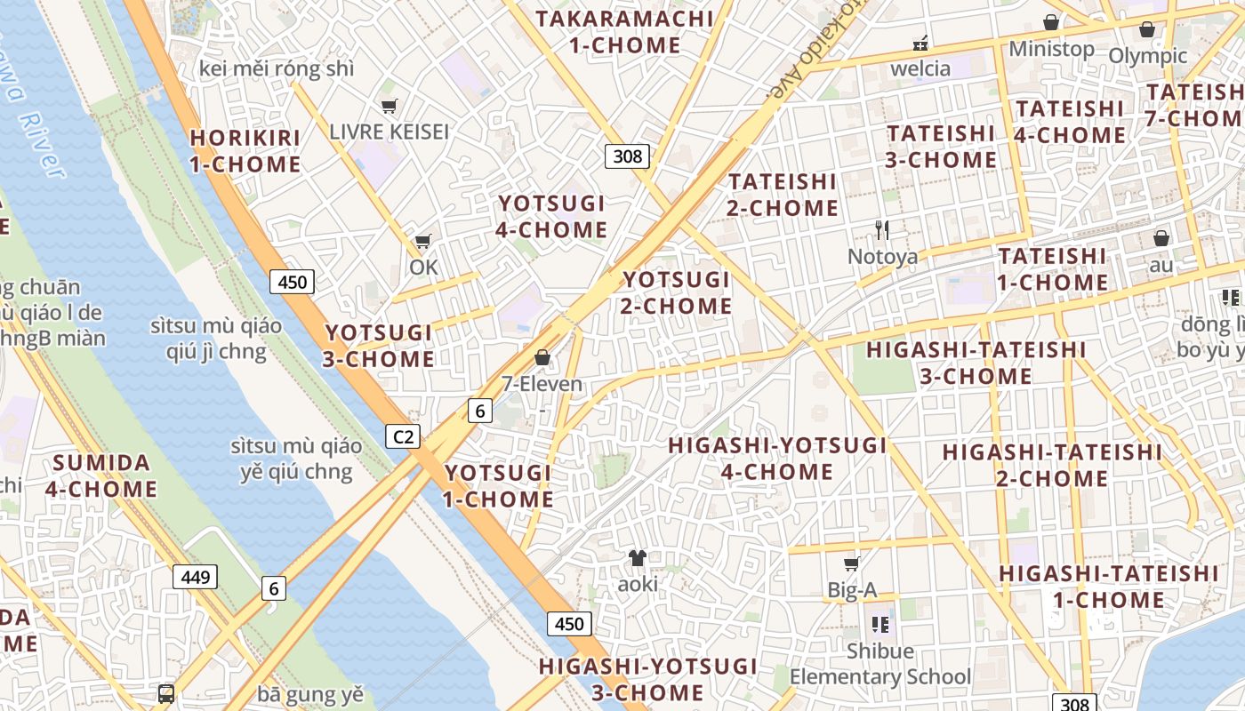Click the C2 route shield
pos(403,436)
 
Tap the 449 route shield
pos(195,578)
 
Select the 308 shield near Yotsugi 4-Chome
pos(628,156)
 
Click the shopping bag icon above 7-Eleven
pos(542,358)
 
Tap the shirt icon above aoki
pos(637,558)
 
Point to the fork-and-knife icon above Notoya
pos(881,230)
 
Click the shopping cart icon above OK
pos(423,242)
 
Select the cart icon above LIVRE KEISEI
pos(389,107)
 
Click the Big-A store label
pos(852,589)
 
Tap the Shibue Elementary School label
pos(880,664)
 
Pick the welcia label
pos(920,68)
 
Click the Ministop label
pos(1051,49)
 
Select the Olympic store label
pos(1147,56)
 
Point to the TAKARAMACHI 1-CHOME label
pos(623,32)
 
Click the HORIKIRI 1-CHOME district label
pos(245,151)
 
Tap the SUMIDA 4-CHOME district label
pos(105,475)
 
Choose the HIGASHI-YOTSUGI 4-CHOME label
pos(777,459)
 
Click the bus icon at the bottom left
pos(166,693)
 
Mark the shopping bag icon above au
pos(1161,238)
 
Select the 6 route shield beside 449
pos(274,587)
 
